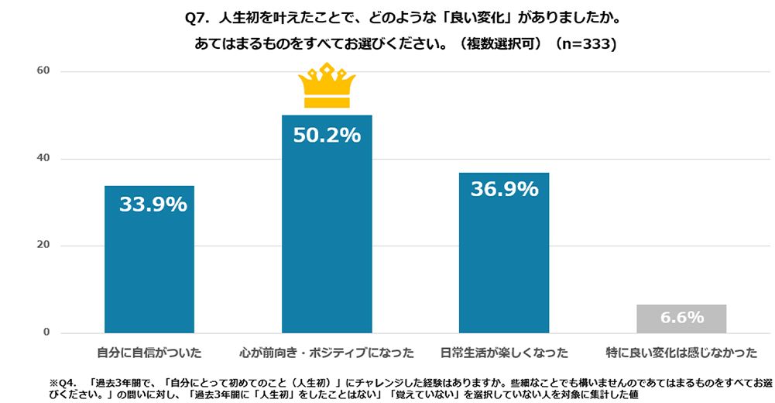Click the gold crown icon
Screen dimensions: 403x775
(327, 86)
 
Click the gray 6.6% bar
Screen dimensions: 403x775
(681, 319)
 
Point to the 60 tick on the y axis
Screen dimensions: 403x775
(43, 71)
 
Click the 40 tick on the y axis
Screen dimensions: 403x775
(43, 159)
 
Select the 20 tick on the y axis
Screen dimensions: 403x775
(43, 246)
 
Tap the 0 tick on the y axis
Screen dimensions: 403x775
(46, 333)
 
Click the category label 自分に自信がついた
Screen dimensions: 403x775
(149, 353)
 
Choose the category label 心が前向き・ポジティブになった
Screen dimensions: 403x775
(327, 353)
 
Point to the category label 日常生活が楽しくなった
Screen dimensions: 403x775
(504, 353)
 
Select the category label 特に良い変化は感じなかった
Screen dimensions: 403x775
(681, 353)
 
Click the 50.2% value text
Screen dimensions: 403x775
(327, 136)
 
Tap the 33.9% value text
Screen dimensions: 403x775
(153, 205)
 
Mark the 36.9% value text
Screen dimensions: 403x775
(504, 190)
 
